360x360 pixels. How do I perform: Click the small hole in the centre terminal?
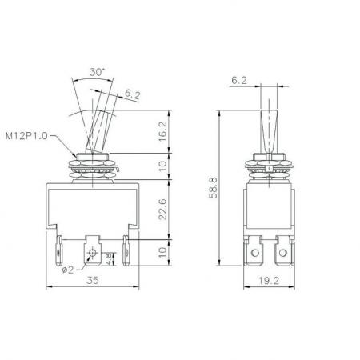[x=94, y=254]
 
